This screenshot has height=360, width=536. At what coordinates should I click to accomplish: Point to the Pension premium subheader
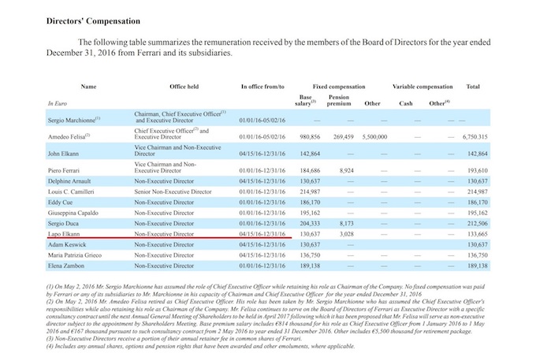(x=339, y=100)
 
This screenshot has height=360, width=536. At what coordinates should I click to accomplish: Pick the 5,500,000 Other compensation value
(x=375, y=135)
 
